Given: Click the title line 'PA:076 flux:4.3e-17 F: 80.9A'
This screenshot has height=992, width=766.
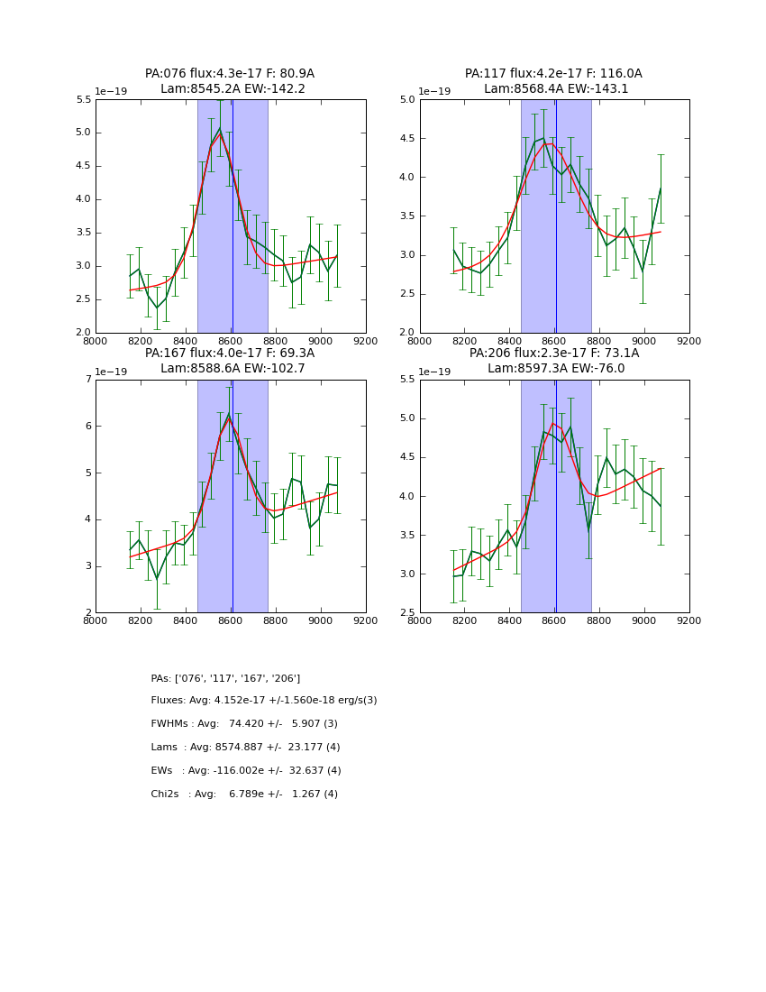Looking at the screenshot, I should click(230, 74).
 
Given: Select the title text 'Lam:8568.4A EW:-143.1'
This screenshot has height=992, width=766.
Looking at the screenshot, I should click(554, 89).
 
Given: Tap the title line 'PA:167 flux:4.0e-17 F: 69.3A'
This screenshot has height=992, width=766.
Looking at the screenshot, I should click(230, 354).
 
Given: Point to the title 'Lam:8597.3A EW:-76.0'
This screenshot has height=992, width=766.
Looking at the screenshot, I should click(554, 369).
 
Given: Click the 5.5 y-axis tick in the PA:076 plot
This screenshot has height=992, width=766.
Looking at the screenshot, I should click(83, 100).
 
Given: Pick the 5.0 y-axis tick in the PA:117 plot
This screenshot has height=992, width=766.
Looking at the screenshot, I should click(407, 100).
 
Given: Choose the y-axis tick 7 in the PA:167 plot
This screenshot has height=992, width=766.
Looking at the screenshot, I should click(87, 380).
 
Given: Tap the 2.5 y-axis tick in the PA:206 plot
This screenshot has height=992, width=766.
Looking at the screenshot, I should click(407, 612).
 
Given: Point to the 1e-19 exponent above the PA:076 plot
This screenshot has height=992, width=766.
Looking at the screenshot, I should click(111, 92).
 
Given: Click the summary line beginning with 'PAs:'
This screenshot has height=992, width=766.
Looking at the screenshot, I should click(225, 678).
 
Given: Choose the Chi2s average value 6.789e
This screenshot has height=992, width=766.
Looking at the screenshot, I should click(249, 795).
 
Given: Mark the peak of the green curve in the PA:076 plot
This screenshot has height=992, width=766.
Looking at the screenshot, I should click(219, 128).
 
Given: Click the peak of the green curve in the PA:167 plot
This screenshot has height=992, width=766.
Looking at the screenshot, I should click(229, 413).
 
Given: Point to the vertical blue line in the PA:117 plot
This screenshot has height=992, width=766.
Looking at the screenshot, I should click(556, 216).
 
